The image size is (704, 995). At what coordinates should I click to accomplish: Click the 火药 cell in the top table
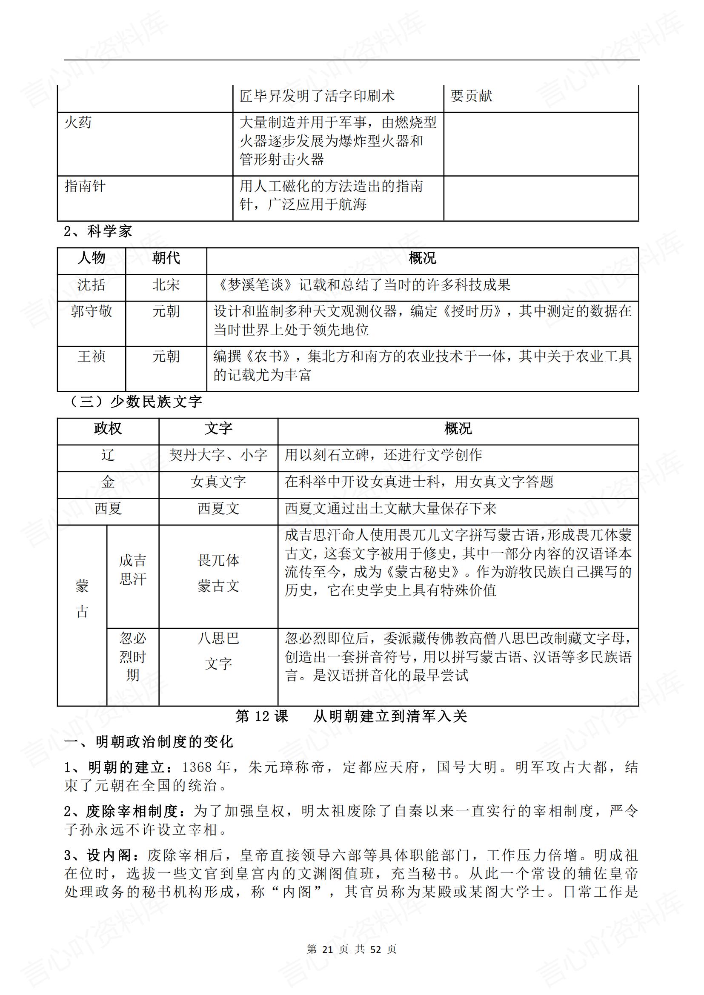pyautogui.click(x=78, y=123)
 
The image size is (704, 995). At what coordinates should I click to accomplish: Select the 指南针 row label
pyautogui.click(x=85, y=186)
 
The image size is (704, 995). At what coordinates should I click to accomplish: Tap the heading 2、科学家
pyautogui.click(x=98, y=231)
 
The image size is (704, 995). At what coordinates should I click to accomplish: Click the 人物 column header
pyautogui.click(x=92, y=258)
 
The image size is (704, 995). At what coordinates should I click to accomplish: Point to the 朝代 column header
pyautogui.click(x=166, y=258)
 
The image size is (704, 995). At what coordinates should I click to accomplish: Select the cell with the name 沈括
pyautogui.click(x=92, y=285)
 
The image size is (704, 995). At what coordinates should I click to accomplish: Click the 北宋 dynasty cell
pyautogui.click(x=166, y=285)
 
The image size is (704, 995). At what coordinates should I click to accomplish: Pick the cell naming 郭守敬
pyautogui.click(x=92, y=311)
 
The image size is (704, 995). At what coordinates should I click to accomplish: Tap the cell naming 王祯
pyautogui.click(x=92, y=356)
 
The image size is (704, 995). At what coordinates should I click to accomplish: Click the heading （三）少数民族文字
pyautogui.click(x=135, y=402)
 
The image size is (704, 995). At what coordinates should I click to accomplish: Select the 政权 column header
pyautogui.click(x=108, y=429)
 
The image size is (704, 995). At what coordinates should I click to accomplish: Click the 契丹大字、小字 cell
pyautogui.click(x=218, y=455)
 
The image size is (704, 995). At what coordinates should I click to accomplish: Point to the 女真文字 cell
pyautogui.click(x=218, y=482)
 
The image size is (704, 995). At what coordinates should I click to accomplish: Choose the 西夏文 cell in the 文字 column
pyautogui.click(x=218, y=508)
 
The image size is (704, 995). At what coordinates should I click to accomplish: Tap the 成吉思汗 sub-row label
pyautogui.click(x=133, y=570)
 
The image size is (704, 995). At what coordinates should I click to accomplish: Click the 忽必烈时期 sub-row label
pyautogui.click(x=133, y=656)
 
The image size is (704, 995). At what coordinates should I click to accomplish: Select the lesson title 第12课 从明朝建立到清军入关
pyautogui.click(x=351, y=716)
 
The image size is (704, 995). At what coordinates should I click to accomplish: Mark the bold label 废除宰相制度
pyautogui.click(x=132, y=811)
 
